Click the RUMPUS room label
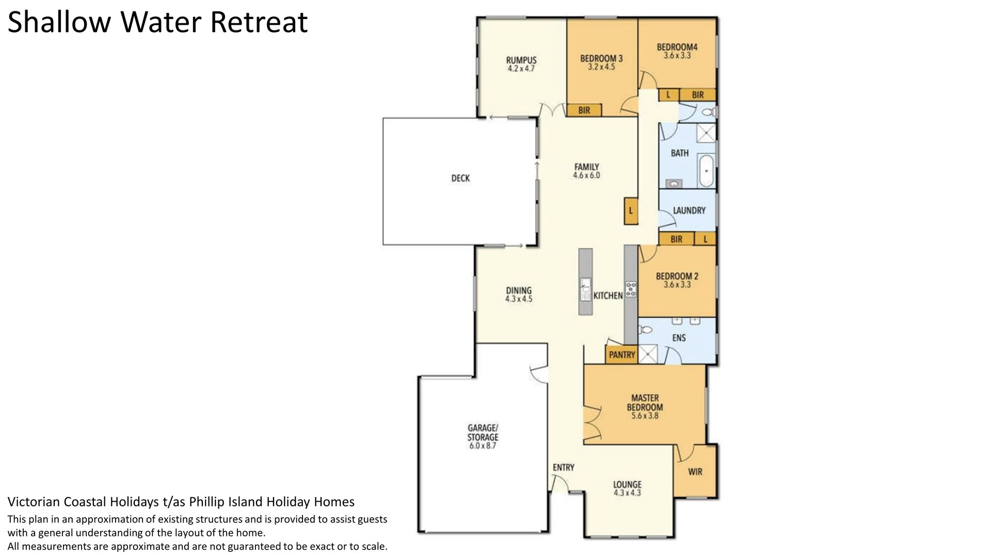tap(521, 60)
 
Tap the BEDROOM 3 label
tap(601, 58)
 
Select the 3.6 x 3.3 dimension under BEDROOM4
tap(677, 56)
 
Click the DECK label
tap(460, 178)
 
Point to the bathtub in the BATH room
tap(706, 171)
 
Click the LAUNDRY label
tap(689, 210)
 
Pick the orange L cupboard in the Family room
tap(631, 211)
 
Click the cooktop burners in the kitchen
tap(630, 289)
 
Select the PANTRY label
tap(622, 355)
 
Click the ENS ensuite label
tap(679, 338)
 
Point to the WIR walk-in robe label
tap(695, 472)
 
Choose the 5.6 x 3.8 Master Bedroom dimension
tap(645, 416)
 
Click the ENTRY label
tap(563, 467)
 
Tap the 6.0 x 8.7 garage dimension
tap(483, 446)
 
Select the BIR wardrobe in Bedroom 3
tap(584, 110)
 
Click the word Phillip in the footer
tap(206, 502)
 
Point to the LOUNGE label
tap(627, 485)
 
